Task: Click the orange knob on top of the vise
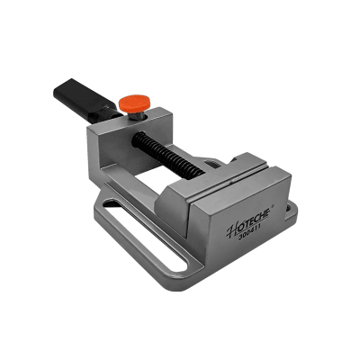click(x=134, y=103)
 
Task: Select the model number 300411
click(x=249, y=234)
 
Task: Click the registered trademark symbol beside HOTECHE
click(x=273, y=207)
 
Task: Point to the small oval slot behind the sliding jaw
click(x=212, y=164)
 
